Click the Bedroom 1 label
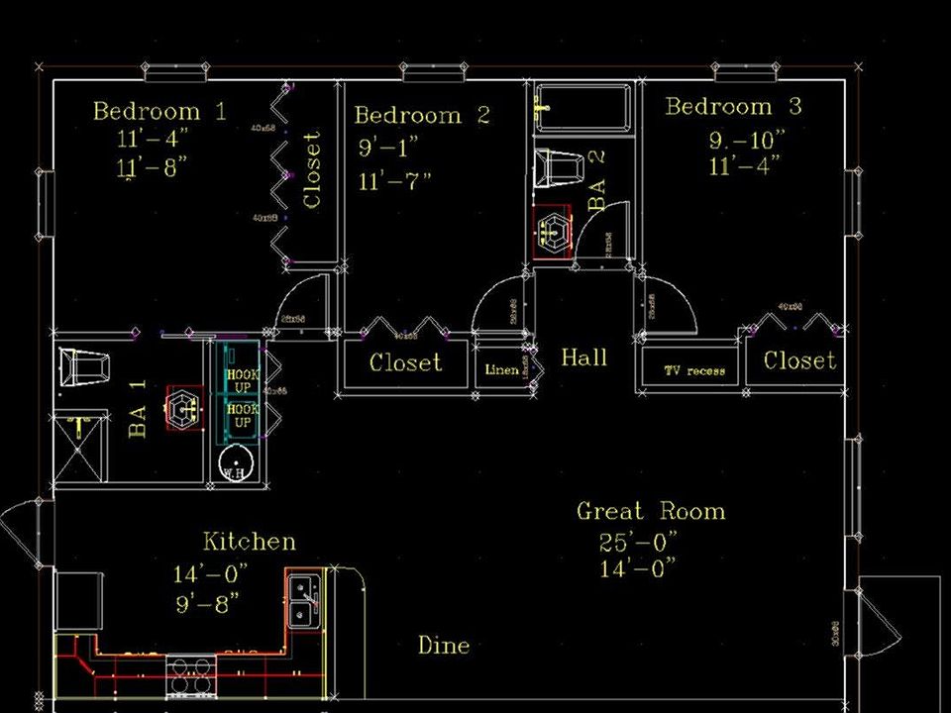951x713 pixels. point(158,111)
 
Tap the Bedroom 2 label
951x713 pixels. point(422,116)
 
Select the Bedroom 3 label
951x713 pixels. point(733,107)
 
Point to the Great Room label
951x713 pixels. point(651,512)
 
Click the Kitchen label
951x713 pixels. point(249,542)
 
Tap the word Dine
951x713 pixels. point(443,646)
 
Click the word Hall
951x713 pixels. point(583,357)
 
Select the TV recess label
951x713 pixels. point(693,371)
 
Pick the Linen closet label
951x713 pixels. point(501,370)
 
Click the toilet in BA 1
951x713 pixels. point(84,368)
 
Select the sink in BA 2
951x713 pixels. point(552,234)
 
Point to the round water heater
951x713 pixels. point(236,463)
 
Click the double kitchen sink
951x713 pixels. point(304,600)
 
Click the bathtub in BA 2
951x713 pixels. point(582,107)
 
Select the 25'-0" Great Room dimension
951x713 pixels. point(639,543)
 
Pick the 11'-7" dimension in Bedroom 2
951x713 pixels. point(395,181)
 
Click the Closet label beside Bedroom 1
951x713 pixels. point(312,170)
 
